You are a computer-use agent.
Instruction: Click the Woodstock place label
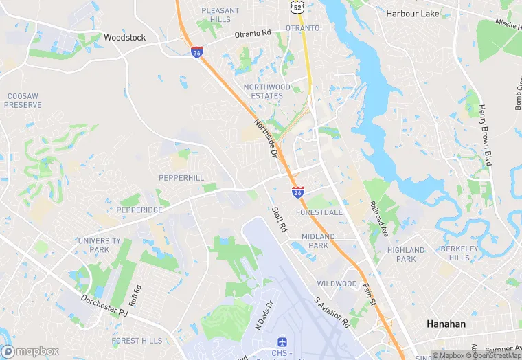pos(124,38)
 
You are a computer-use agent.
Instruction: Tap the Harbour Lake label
pos(412,13)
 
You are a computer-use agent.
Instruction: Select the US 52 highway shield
pos(296,6)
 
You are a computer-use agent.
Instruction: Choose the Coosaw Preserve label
pos(23,100)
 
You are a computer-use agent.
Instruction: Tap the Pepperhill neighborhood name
pos(181,178)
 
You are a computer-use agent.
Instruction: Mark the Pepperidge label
pos(139,210)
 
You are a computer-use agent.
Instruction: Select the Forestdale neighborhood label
pos(319,212)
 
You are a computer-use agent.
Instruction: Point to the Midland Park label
pos(318,241)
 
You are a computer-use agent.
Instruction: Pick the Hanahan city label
pos(446,324)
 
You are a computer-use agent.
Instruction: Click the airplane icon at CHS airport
pos(282,342)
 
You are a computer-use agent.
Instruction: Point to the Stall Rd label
pos(278,220)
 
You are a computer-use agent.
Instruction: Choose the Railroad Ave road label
pos(379,219)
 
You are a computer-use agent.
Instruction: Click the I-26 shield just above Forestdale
pos(298,192)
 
